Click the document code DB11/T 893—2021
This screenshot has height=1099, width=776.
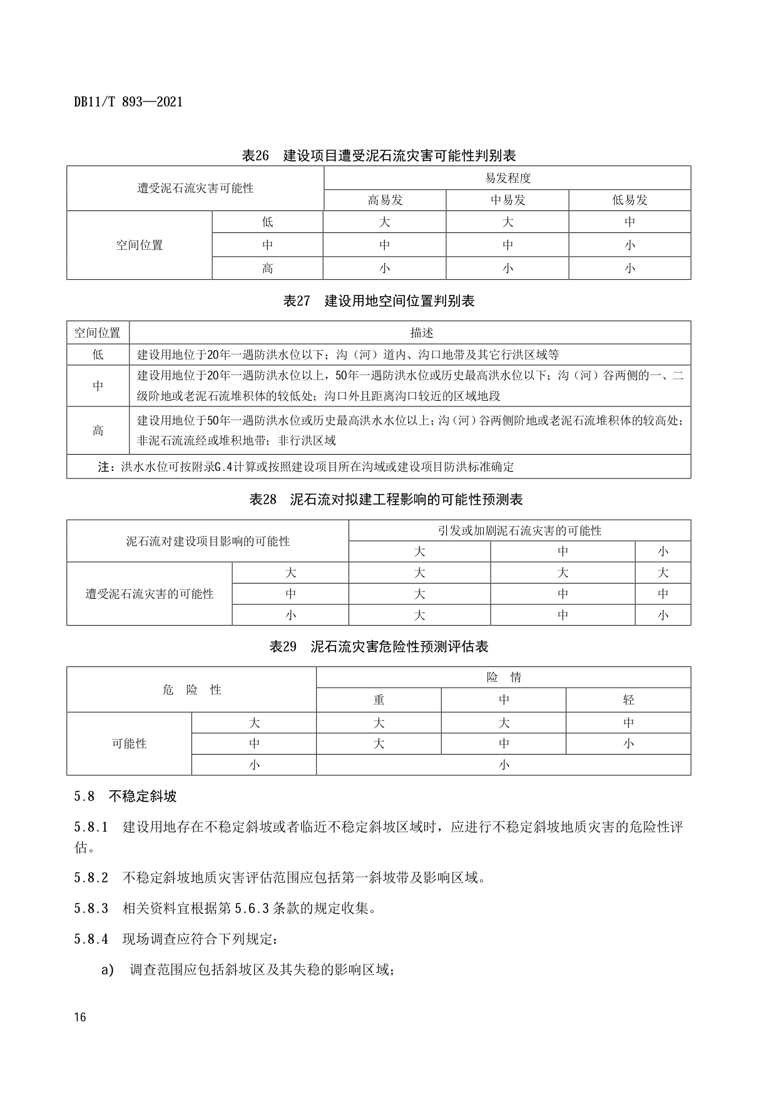pos(128,102)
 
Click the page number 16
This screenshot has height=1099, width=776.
pos(79,1017)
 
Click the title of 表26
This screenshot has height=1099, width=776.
pos(379,155)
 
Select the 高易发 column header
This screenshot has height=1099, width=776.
pos(385,200)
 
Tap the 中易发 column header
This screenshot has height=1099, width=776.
pos(508,200)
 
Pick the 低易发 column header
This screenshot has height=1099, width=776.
pos(630,200)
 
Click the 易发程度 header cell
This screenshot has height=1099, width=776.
pos(508,178)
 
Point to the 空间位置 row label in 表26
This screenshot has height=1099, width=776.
pos(140,245)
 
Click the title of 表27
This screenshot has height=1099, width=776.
pos(379,301)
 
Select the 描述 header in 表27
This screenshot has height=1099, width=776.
pos(422,333)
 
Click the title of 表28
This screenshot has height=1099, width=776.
pos(386,500)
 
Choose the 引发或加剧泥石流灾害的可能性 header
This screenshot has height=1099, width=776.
pos(519,531)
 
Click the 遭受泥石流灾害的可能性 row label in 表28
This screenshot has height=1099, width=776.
pos(150,594)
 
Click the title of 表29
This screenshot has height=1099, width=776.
pos(379,647)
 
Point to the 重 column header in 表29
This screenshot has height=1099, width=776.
pos(379,700)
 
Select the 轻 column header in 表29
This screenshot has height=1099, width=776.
pos(628,700)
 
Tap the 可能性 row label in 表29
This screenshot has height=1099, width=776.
pos(129,743)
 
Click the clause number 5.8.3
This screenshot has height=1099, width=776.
pos(91,908)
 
